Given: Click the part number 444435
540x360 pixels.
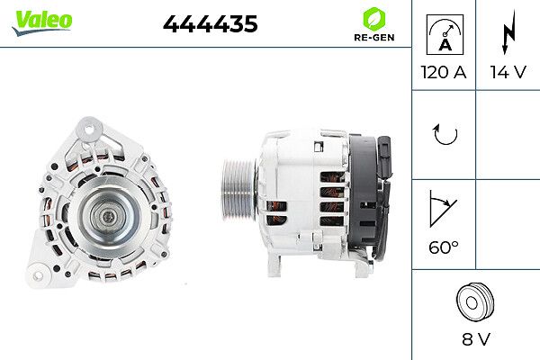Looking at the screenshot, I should tap(210, 25).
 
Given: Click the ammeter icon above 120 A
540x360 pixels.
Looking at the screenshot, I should tap(443, 34).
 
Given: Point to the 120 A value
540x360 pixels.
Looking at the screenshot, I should tap(443, 71).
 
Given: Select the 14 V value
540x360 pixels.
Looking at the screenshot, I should tap(508, 71).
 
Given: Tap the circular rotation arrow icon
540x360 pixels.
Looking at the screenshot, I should tap(444, 136).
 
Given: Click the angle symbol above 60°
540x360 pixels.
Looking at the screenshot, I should tap(443, 209).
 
